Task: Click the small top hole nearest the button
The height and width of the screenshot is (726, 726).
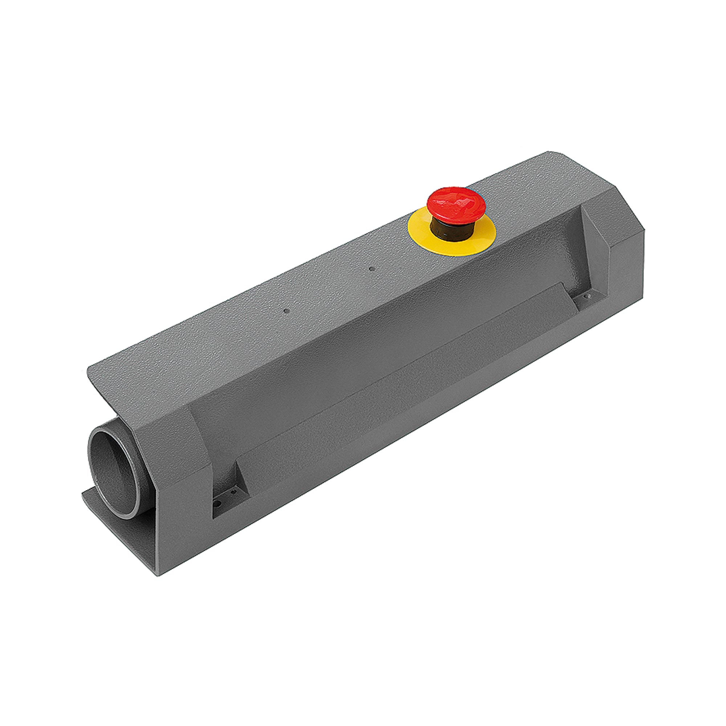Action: (371, 269)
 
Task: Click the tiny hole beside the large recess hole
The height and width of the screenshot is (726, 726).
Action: (234, 491)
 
